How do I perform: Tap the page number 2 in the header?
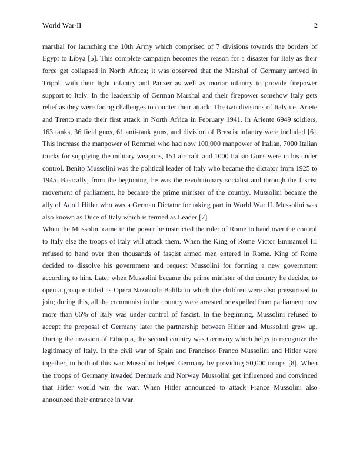pyautogui.click(x=316, y=25)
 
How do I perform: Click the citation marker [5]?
pyautogui.click(x=92, y=58)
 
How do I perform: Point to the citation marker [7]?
pyautogui.click(x=204, y=217)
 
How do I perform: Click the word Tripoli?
pyautogui.click(x=54, y=82)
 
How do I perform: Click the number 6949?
pyautogui.click(x=273, y=119)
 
